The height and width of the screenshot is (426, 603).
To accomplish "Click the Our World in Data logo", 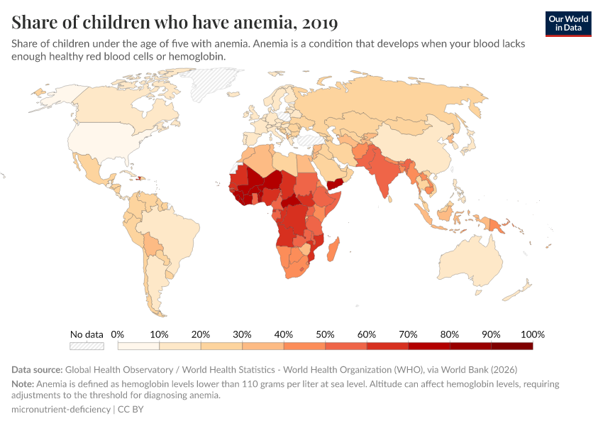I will point(568,23).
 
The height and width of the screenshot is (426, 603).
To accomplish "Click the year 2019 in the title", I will point(320,23).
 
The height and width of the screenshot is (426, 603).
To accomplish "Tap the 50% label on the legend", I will point(325,334).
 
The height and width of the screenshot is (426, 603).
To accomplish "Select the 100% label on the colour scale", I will point(532,334).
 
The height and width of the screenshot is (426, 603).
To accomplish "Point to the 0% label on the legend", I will point(118,334).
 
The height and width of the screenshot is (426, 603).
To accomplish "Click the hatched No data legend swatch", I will point(87,346).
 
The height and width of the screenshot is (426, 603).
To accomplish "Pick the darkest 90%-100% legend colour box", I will point(511,346).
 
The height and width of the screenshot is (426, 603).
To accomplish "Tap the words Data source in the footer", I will point(37,370).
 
